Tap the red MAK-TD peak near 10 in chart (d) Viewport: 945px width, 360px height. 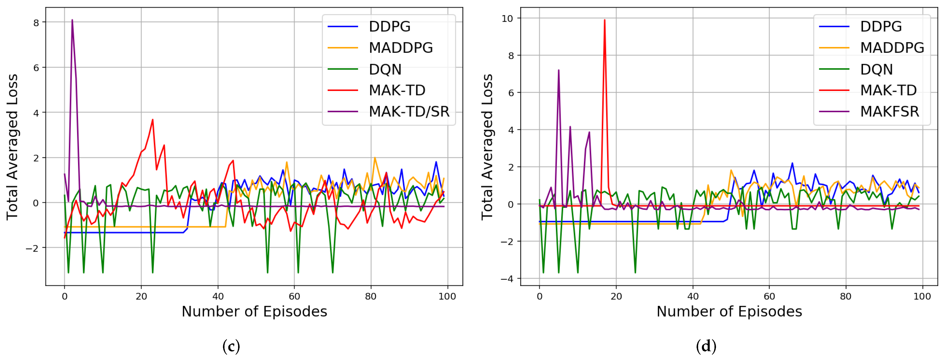click(x=604, y=20)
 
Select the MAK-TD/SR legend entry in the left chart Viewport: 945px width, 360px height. click(x=409, y=112)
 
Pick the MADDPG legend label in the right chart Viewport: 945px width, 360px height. click(x=892, y=48)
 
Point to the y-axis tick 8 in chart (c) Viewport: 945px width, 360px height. click(x=36, y=23)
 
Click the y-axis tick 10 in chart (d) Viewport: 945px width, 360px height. click(x=507, y=19)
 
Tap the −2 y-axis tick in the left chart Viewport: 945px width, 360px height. click(x=32, y=248)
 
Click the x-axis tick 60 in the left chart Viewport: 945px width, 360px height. click(x=294, y=297)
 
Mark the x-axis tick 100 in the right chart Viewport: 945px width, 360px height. click(x=922, y=297)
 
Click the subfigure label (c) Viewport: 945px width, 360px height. click(x=231, y=346)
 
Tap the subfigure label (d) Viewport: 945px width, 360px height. click(x=706, y=346)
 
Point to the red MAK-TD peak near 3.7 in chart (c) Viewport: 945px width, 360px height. click(x=153, y=120)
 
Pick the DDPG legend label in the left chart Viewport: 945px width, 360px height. click(x=389, y=26)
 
